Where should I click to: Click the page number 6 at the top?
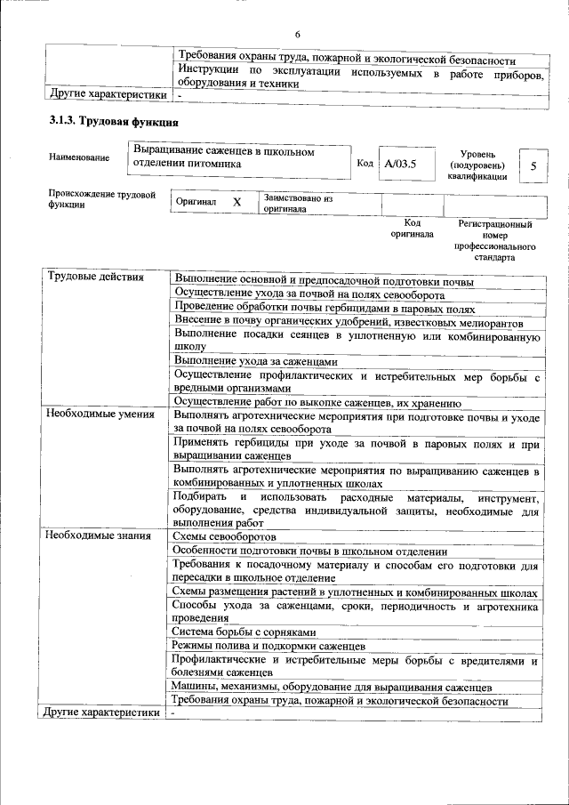[x=298, y=34]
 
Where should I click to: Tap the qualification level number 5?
[x=533, y=165]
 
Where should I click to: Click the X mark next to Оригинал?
[x=236, y=202]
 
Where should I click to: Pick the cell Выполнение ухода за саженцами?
[x=256, y=362]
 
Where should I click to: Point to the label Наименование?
[x=80, y=157]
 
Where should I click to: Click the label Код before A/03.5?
[x=365, y=164]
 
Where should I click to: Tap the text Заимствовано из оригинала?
[x=298, y=204]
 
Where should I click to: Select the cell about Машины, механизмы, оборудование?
[x=333, y=688]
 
